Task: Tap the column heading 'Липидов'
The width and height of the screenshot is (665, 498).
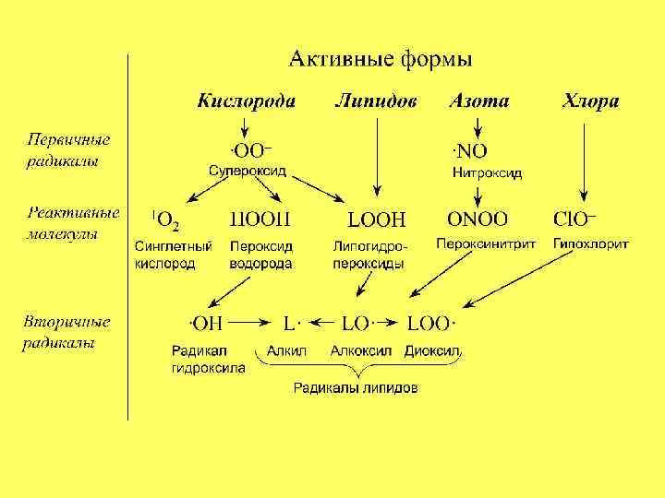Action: click(x=376, y=101)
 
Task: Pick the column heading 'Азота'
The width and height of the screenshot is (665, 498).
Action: click(x=478, y=101)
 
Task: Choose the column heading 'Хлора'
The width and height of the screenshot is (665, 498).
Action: click(x=590, y=101)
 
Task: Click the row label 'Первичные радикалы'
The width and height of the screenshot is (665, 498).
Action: click(x=67, y=149)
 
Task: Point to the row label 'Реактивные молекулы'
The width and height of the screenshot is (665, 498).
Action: click(x=72, y=222)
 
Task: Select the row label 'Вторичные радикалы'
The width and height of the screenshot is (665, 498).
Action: click(x=66, y=333)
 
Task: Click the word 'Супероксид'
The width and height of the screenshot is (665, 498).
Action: click(x=248, y=172)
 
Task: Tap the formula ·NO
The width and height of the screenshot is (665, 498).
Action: click(x=469, y=151)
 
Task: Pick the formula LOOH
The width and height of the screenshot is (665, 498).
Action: click(x=375, y=219)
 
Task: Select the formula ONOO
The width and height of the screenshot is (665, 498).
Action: click(x=477, y=219)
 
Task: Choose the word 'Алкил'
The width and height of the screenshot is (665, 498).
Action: click(x=285, y=351)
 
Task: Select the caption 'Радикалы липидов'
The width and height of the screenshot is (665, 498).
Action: click(x=356, y=388)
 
